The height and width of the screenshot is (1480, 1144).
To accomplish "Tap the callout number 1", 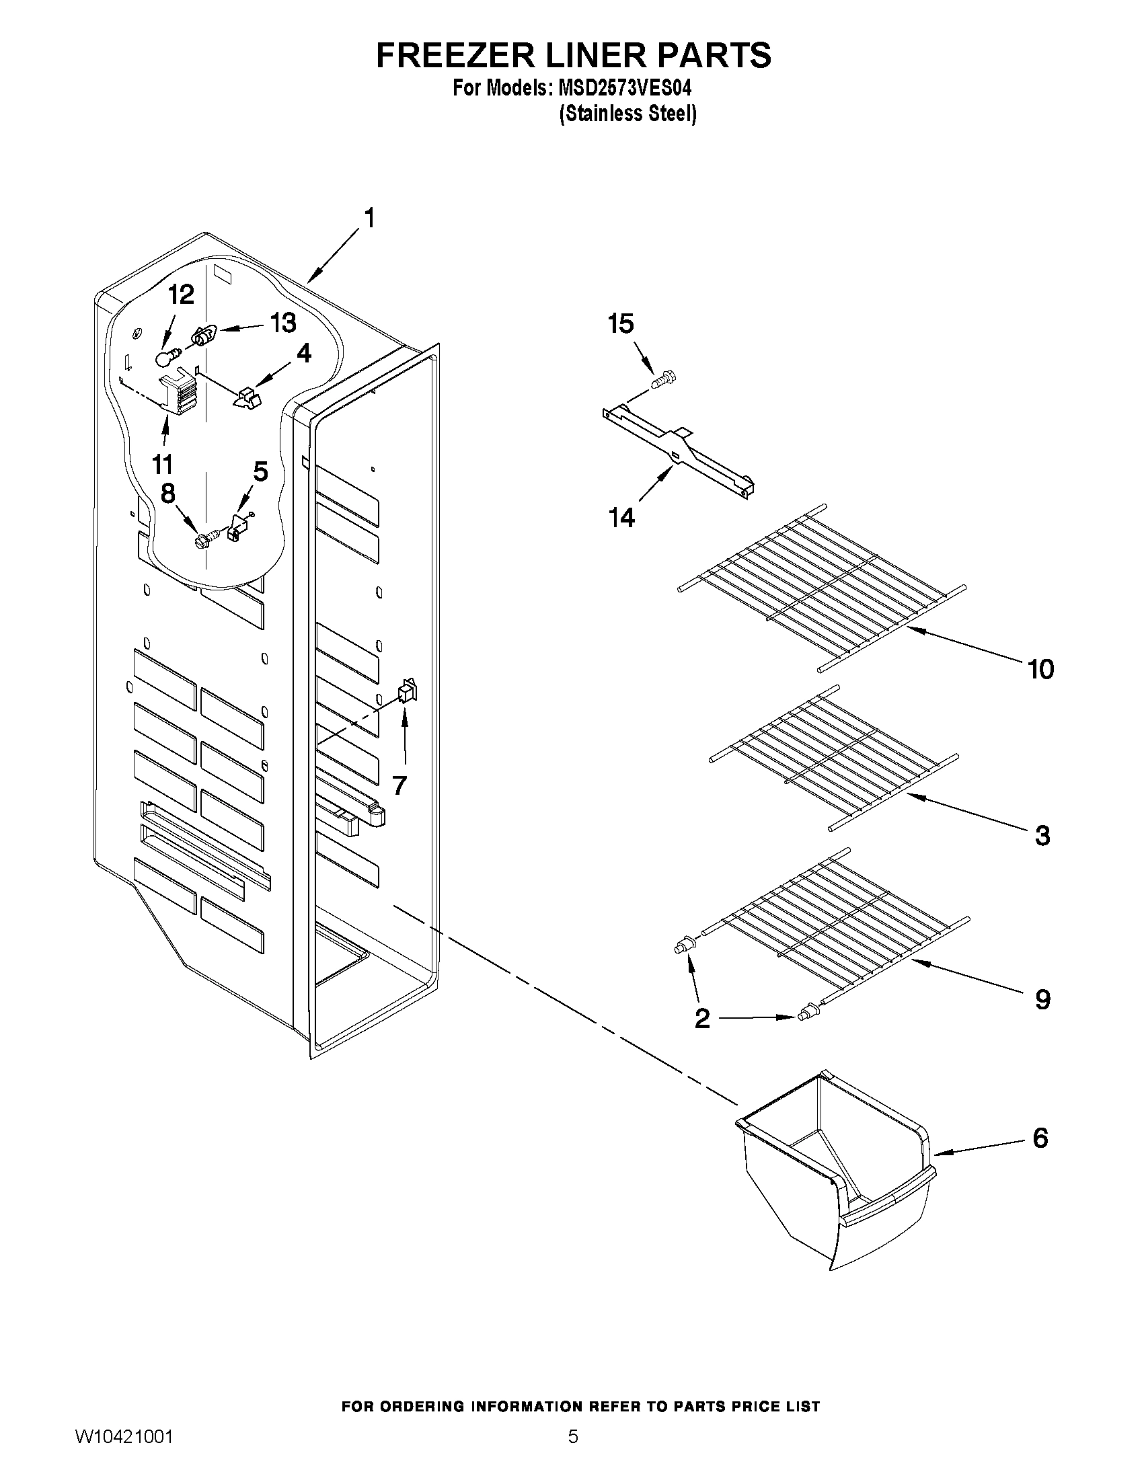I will pyautogui.click(x=369, y=219).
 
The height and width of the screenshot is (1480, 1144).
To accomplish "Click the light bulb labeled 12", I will pyautogui.click(x=165, y=356).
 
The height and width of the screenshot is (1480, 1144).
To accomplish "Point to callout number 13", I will pyautogui.click(x=283, y=323).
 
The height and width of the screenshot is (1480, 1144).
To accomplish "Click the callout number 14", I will pyautogui.click(x=622, y=518).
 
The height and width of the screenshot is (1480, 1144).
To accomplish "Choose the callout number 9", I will pyautogui.click(x=1042, y=999).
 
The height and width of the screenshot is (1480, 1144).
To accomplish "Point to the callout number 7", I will pyautogui.click(x=399, y=785).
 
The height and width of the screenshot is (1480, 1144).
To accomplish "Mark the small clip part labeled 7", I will pyautogui.click(x=408, y=691).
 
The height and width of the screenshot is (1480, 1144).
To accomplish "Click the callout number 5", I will pyautogui.click(x=260, y=471).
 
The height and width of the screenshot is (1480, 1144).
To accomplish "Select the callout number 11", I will pyautogui.click(x=162, y=465).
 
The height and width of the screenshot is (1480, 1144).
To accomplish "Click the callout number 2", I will pyautogui.click(x=702, y=1037).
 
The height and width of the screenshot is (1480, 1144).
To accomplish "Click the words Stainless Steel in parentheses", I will pyautogui.click(x=628, y=114).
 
